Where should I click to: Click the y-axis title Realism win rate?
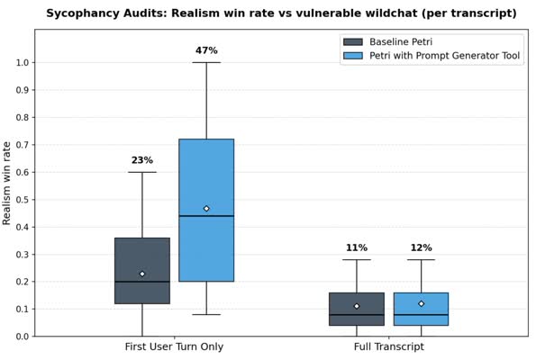point(8,183)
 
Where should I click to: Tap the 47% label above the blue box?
point(206,50)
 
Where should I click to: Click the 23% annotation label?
point(142,160)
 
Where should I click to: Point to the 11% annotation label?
point(357,247)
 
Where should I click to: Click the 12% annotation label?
point(421,247)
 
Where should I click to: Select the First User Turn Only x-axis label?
point(174,346)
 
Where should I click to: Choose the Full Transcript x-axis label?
point(388,346)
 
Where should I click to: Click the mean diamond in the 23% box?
point(142,274)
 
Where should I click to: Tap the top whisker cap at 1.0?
point(206,62)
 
